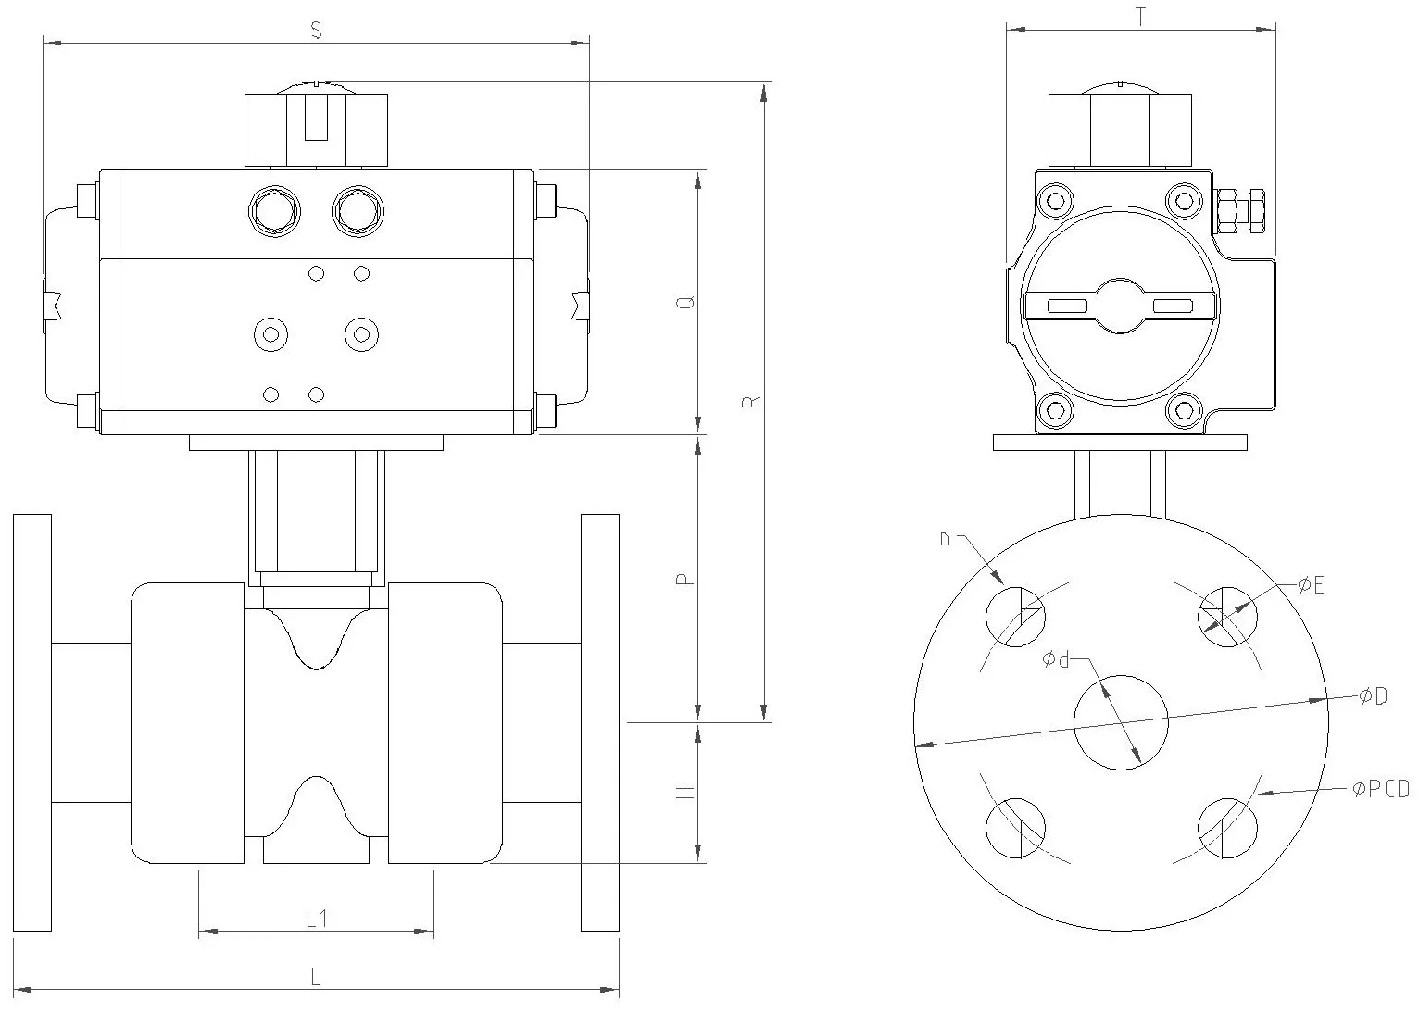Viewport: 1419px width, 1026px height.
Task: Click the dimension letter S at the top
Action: coord(316,31)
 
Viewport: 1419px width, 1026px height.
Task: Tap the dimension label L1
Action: coord(317,919)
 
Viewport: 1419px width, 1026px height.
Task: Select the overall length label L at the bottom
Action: coord(316,977)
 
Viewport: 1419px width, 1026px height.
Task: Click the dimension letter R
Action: coord(752,401)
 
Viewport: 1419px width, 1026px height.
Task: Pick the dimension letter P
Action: coord(684,580)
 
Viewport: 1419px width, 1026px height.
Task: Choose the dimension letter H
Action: coord(684,794)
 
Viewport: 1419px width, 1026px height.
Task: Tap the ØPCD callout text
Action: coord(1379,789)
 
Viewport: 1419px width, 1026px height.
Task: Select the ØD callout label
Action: coord(1373,696)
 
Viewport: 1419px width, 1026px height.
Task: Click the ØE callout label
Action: coord(1311,584)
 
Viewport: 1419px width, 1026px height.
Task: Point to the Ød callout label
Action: coord(1056,659)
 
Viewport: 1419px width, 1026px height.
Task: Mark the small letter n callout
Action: coord(946,537)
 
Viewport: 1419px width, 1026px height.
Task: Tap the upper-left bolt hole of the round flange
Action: coord(1014,616)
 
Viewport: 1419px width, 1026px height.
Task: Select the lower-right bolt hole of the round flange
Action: coord(1227,827)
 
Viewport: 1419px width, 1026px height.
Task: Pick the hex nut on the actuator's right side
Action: coord(1241,211)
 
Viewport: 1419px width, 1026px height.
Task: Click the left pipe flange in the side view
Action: coord(31,722)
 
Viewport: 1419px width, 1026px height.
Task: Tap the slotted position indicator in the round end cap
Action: coord(1120,306)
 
